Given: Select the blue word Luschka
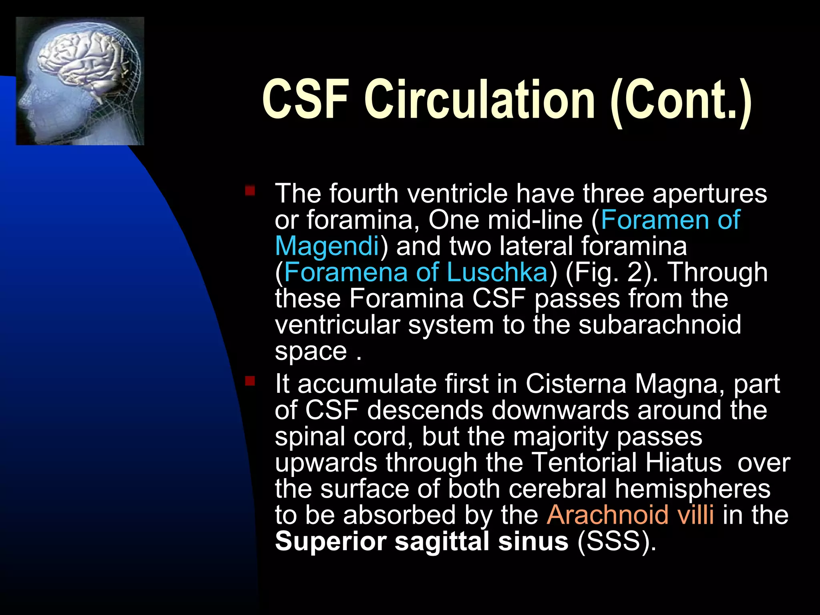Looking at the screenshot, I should coord(497,272).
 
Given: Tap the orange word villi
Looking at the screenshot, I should coord(696,515).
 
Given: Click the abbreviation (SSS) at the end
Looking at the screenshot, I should coord(617,541).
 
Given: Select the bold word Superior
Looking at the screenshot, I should coord(330,541).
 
